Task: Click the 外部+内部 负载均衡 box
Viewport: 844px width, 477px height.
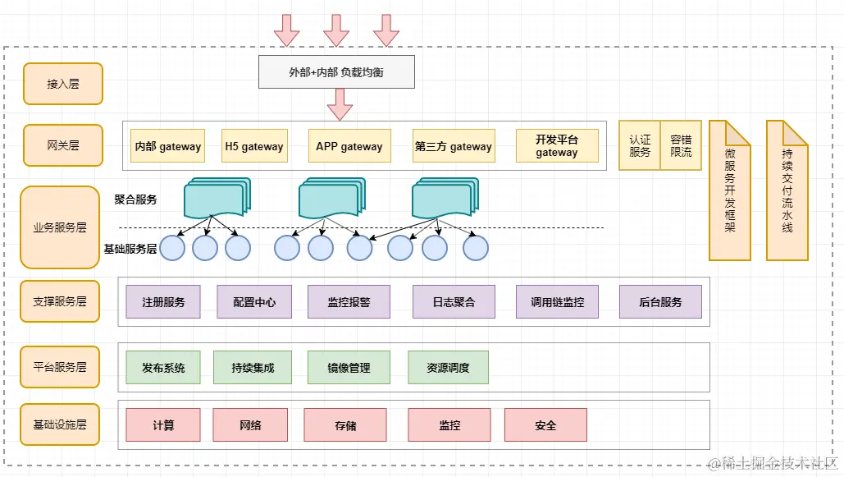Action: (x=336, y=72)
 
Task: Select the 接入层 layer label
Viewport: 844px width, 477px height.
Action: (x=63, y=84)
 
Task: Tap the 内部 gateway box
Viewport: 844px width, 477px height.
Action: (x=168, y=146)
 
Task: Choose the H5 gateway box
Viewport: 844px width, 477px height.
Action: (x=254, y=146)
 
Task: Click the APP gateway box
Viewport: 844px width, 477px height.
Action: (x=349, y=146)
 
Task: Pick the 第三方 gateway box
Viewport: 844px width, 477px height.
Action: (x=454, y=146)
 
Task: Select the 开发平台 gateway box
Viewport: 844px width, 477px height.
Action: (x=557, y=146)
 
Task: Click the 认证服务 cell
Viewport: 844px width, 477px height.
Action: (x=640, y=146)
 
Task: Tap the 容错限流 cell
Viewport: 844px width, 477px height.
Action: (x=681, y=146)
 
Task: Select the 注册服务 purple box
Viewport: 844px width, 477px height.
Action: (x=163, y=302)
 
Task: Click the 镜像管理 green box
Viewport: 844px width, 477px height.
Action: (x=349, y=368)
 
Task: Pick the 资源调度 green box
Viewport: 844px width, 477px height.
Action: (x=448, y=368)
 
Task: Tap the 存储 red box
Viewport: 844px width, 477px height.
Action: (x=345, y=425)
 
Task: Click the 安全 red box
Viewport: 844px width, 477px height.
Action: (x=545, y=425)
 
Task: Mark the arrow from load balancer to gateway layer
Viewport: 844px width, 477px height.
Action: (x=340, y=105)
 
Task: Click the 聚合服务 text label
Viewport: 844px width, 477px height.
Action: (x=136, y=199)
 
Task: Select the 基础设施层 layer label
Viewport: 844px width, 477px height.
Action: (x=60, y=424)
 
